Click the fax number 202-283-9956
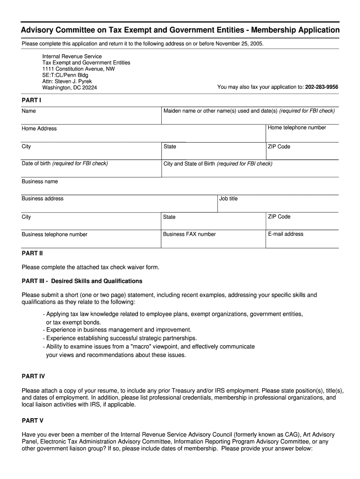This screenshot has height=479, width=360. pos(322,87)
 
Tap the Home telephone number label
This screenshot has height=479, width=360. pos(297,128)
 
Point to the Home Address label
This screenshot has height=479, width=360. pos(39,129)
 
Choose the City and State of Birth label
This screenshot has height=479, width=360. pos(217,164)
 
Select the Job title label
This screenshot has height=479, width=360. pos(229,199)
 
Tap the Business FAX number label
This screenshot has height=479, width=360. pos(189,234)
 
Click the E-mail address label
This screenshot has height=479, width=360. pos(286,234)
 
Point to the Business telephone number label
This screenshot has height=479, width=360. pos(54,234)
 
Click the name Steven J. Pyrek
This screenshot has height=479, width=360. pos(79,81)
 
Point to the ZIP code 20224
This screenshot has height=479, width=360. pos(89,87)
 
